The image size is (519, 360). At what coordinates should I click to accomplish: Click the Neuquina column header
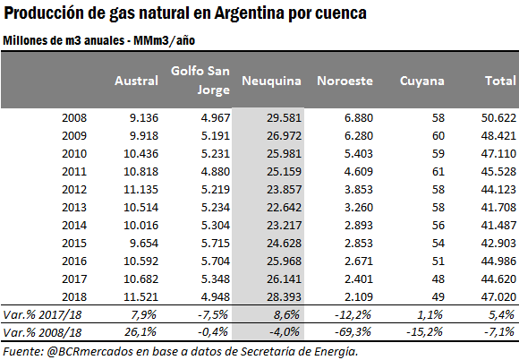[271, 81]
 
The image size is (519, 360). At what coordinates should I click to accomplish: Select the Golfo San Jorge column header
[200, 80]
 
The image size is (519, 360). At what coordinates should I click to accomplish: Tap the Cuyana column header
[422, 81]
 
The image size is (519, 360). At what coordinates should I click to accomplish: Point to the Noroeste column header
[345, 81]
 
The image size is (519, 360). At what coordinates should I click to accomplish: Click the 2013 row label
[74, 208]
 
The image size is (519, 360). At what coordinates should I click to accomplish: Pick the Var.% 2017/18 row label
[42, 314]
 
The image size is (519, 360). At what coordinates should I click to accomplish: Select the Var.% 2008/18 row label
[42, 332]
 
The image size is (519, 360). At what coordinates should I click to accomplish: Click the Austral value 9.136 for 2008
[144, 118]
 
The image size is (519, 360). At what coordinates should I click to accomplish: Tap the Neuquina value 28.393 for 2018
[285, 296]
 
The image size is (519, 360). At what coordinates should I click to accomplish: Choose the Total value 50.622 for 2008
[498, 118]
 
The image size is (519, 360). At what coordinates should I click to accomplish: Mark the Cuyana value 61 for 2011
[438, 172]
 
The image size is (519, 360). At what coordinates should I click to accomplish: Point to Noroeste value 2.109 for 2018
[359, 296]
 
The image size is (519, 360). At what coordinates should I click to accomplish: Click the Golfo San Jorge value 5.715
[216, 243]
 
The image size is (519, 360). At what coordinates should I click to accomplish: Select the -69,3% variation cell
[353, 332]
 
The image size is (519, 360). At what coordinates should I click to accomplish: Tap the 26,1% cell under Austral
[140, 332]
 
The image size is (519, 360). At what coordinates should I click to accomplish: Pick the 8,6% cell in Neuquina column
[286, 314]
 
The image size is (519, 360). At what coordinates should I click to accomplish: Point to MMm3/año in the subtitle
[164, 40]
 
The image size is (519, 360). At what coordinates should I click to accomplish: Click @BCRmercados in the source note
[89, 352]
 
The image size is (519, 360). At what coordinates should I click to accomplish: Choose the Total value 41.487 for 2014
[498, 225]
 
